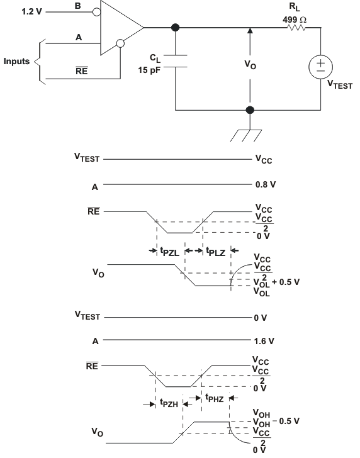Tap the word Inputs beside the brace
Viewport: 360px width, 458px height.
click(x=17, y=62)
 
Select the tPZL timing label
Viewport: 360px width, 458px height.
click(x=170, y=250)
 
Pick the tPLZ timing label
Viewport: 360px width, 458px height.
click(x=217, y=250)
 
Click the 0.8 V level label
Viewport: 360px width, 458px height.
click(x=264, y=186)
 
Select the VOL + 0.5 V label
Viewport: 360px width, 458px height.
click(x=276, y=282)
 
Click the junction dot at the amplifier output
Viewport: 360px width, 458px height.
click(x=174, y=28)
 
